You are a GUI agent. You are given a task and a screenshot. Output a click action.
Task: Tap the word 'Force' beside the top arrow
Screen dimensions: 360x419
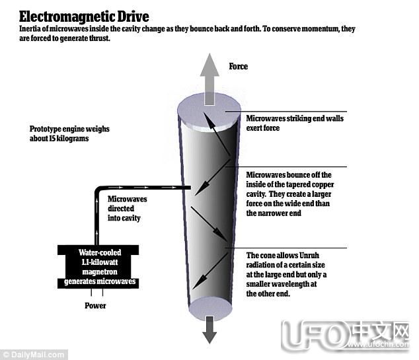pyautogui.click(x=239, y=67)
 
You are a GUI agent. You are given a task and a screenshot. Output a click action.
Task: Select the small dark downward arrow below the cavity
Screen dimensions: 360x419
pyautogui.click(x=209, y=328)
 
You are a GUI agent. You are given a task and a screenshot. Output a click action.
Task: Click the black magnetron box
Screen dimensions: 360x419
pyautogui.click(x=102, y=264)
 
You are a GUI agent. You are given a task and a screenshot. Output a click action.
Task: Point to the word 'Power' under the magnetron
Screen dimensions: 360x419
pyautogui.click(x=95, y=306)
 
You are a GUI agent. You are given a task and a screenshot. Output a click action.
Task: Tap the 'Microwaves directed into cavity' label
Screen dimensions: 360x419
pyautogui.click(x=128, y=208)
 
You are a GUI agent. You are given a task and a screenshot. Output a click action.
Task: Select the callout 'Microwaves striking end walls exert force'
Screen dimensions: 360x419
pyautogui.click(x=294, y=123)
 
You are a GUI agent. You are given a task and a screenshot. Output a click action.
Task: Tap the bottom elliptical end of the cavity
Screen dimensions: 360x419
pyautogui.click(x=210, y=306)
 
